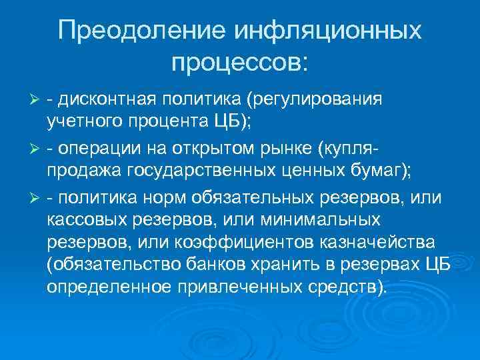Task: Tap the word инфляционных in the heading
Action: point(327,32)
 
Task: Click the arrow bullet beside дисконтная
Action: point(37,101)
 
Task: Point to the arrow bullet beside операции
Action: point(37,146)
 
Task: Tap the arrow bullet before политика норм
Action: point(37,198)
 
